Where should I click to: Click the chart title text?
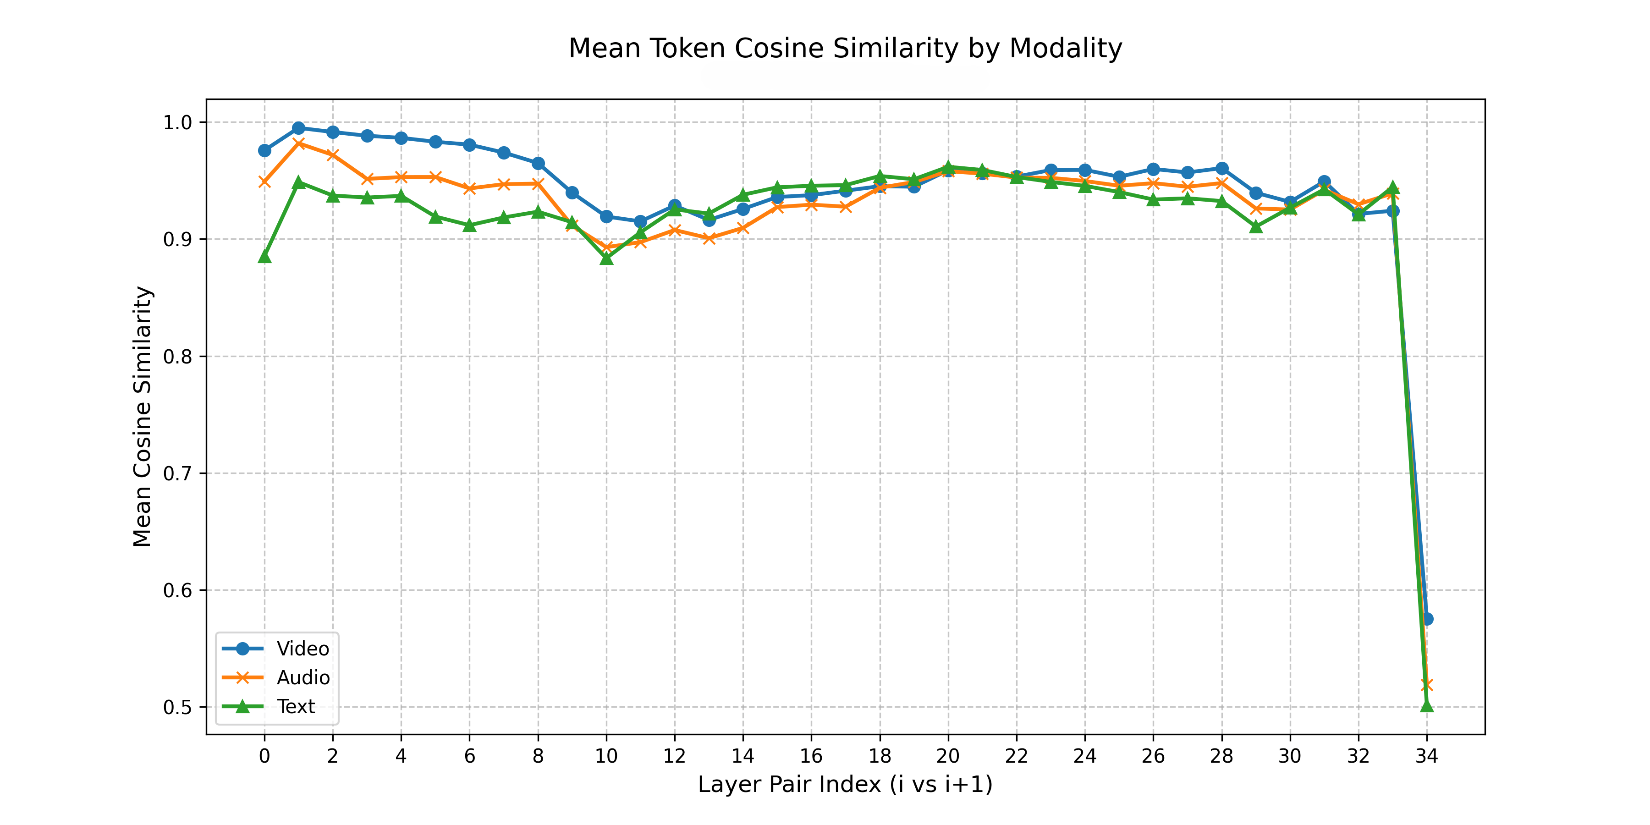845,49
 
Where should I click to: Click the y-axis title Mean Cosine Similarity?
142,416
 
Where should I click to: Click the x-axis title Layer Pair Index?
845,784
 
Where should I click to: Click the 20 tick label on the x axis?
948,756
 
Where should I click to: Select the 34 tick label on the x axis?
1426,756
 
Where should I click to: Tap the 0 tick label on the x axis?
264,756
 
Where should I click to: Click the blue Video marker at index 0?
264,150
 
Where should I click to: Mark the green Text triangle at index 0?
264,257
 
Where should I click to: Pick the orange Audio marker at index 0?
264,182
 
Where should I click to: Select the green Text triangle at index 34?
1426,706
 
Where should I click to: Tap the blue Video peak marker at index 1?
298,128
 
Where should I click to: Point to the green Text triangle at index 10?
606,258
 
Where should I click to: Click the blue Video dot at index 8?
538,163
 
